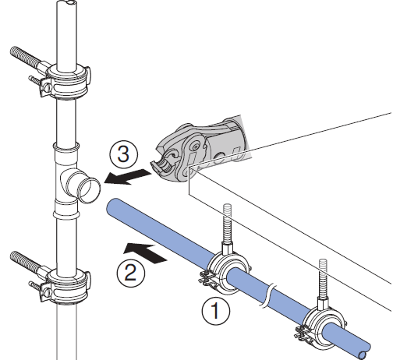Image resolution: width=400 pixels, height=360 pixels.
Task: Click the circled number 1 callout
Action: coord(216,311)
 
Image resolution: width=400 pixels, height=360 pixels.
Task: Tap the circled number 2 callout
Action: coord(130,273)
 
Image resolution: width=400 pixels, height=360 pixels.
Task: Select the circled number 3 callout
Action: coord(123,154)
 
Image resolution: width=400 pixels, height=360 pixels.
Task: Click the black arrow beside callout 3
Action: coord(128,177)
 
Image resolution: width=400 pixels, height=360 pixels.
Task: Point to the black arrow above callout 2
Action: coord(144,253)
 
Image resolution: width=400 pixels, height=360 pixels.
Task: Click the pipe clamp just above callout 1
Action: coord(226,274)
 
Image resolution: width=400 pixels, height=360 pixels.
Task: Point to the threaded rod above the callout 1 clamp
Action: coord(227,224)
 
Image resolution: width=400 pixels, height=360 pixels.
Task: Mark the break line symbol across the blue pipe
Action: coord(267,296)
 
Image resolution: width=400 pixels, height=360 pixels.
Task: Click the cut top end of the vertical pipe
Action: coord(67,2)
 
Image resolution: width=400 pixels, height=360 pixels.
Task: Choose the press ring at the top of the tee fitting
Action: coord(66,147)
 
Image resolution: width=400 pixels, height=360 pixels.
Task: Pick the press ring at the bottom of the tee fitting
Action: coord(66,214)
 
